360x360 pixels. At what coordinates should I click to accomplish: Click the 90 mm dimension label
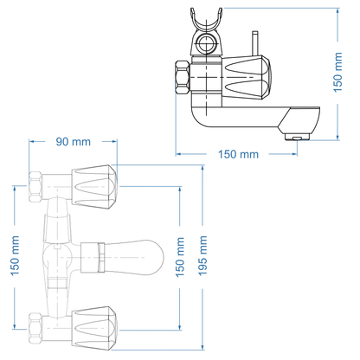point(74,141)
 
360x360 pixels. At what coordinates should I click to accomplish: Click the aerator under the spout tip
point(296,137)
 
